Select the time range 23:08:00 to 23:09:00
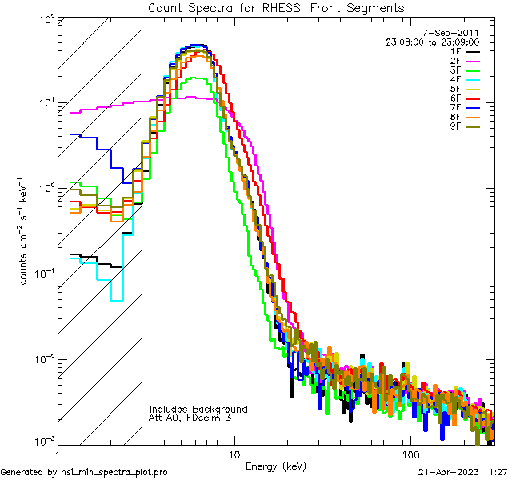click(x=432, y=42)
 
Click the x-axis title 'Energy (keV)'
click(x=276, y=466)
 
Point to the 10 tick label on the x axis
click(x=234, y=454)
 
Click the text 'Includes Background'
click(x=198, y=409)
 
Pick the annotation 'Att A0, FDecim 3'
click(x=191, y=418)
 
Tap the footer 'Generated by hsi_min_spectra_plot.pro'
click(x=84, y=472)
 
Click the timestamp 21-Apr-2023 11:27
click(x=462, y=472)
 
